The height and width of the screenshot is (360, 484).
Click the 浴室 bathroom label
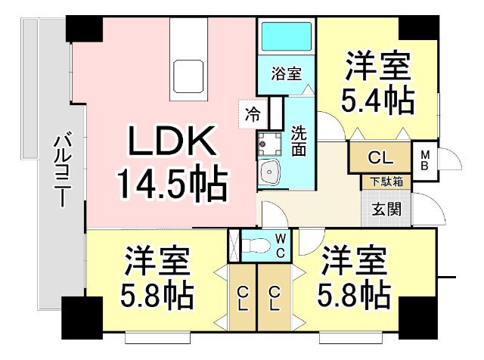287,74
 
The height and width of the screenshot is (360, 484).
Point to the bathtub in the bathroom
287,36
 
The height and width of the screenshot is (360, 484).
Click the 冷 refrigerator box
252,114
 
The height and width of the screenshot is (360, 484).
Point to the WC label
280,244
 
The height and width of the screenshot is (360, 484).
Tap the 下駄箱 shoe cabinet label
386,182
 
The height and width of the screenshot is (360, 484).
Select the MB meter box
425,160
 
